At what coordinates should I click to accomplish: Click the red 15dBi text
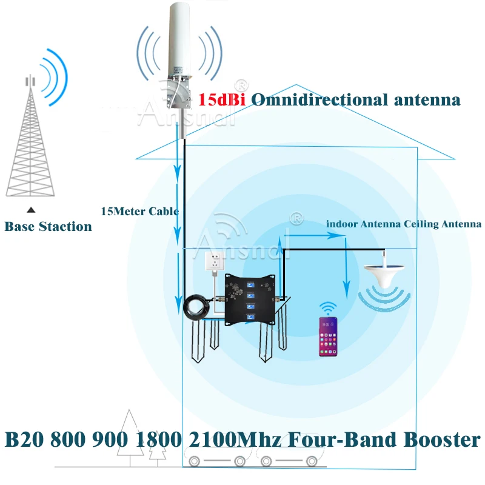pos(221,100)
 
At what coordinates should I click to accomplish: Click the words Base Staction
pos(48,227)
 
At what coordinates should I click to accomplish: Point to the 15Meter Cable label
pos(139,212)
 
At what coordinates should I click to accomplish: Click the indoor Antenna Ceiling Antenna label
pos(403,224)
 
